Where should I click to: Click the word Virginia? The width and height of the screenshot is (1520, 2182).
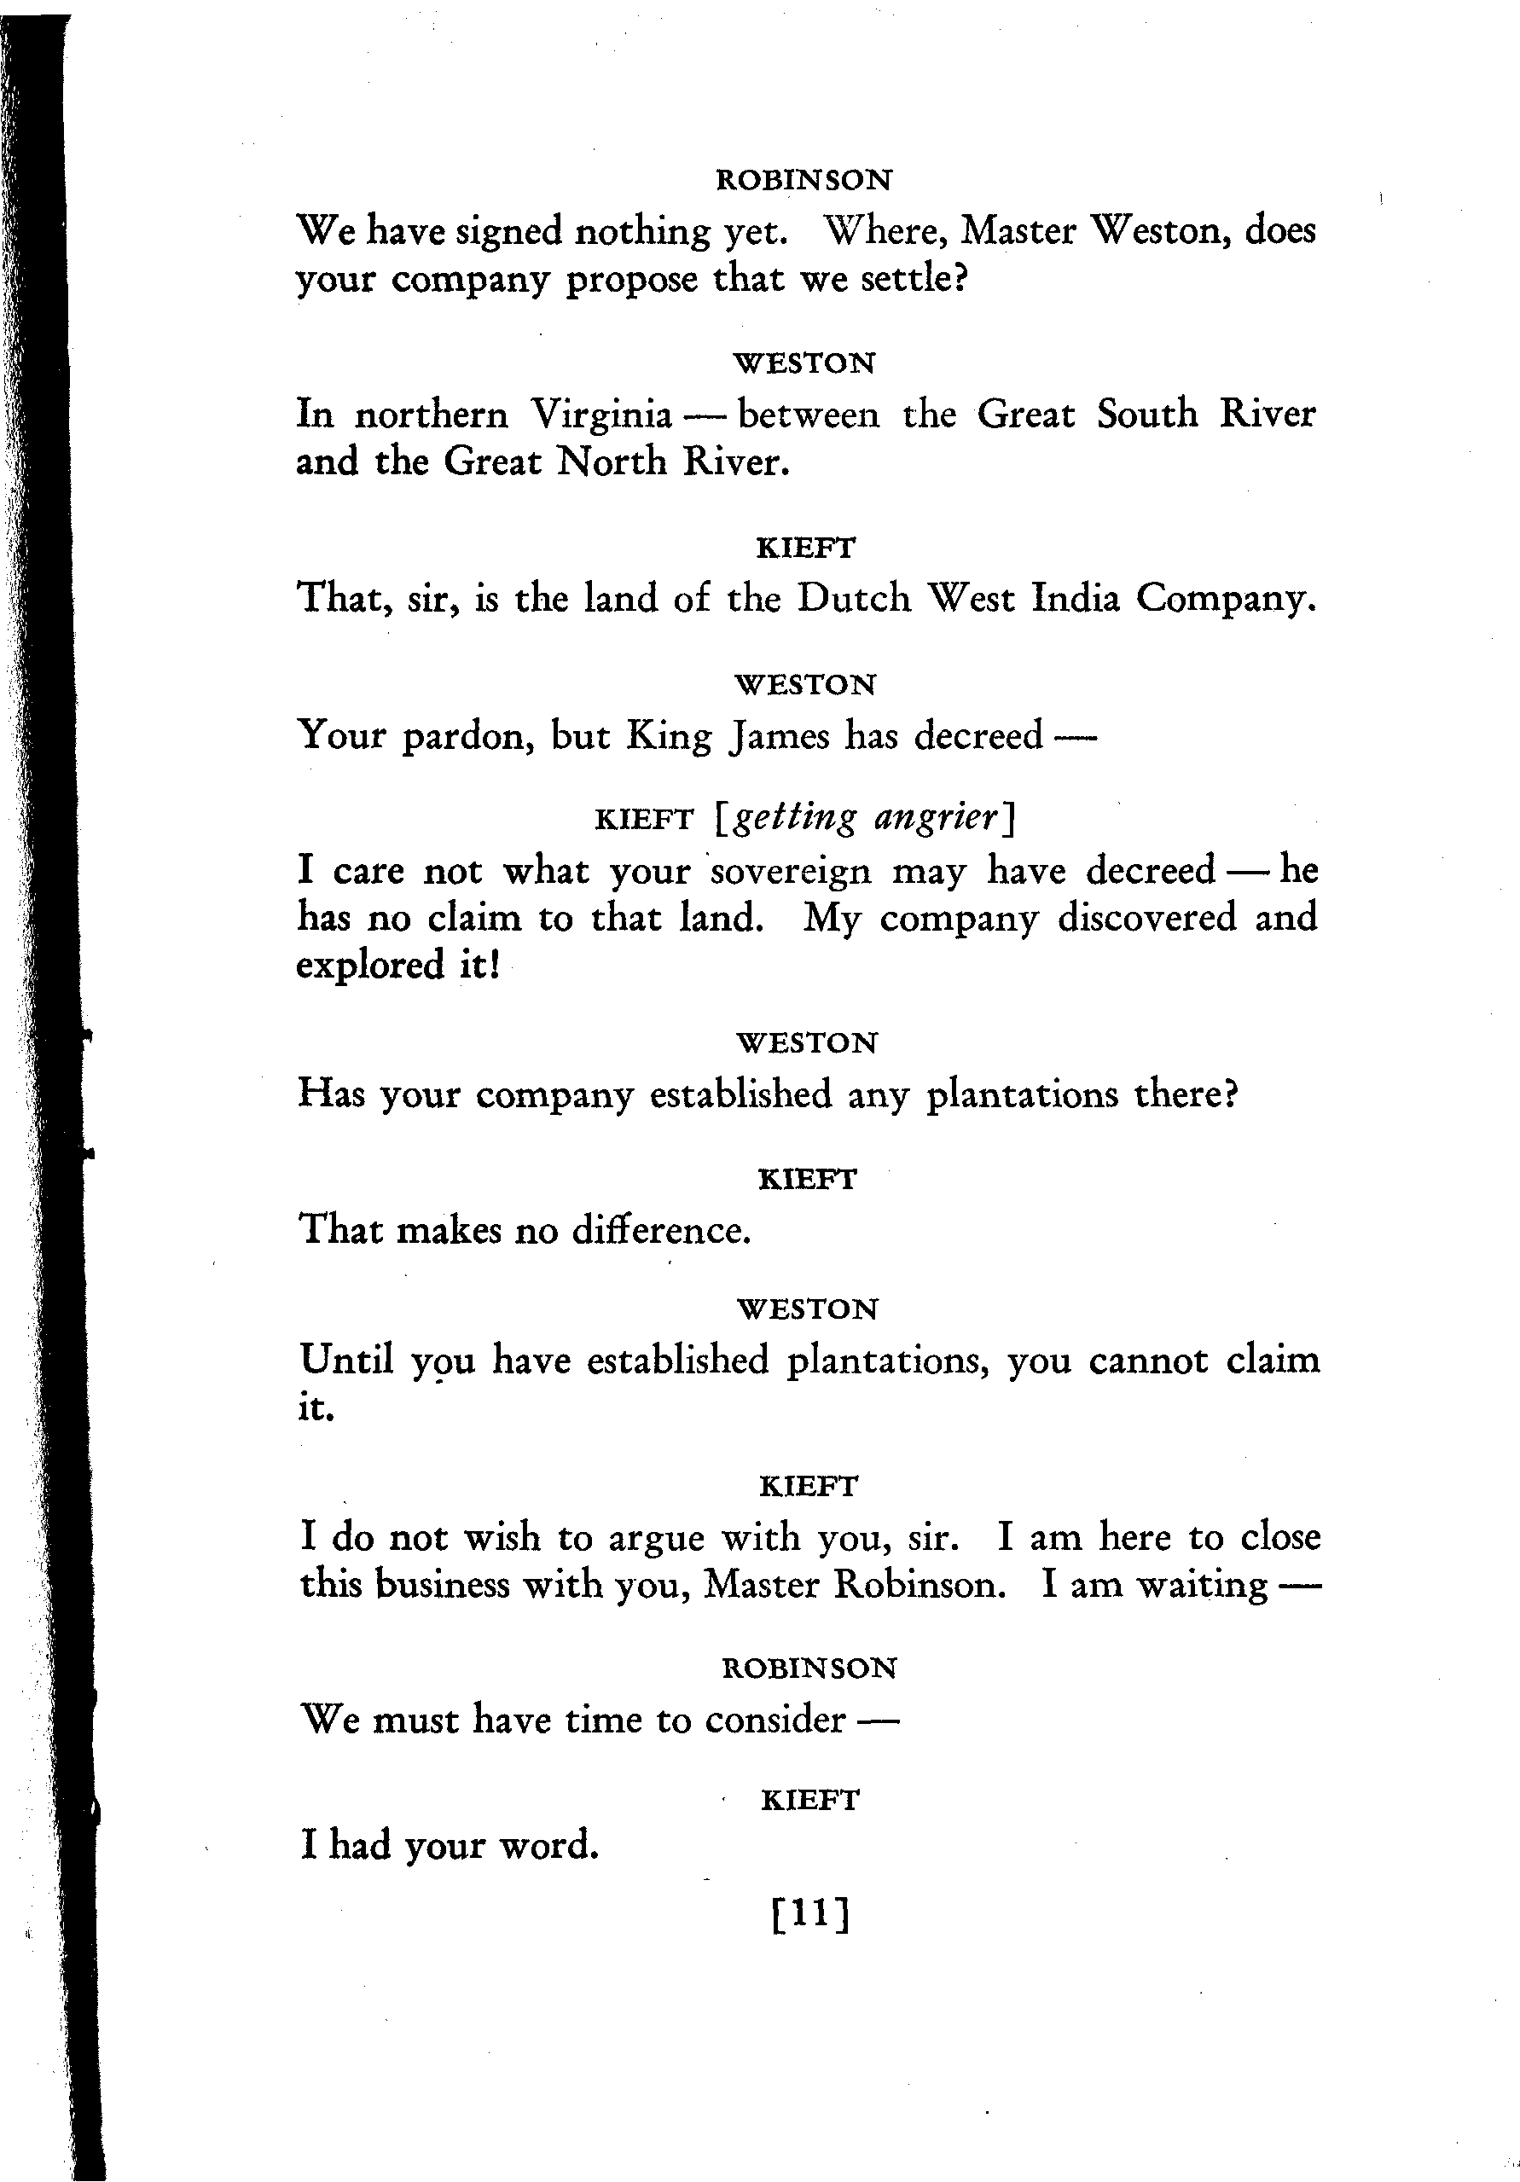pyautogui.click(x=600, y=415)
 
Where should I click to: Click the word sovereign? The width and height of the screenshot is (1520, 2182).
pyautogui.click(x=790, y=872)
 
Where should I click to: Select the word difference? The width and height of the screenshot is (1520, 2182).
pyautogui.click(x=661, y=1231)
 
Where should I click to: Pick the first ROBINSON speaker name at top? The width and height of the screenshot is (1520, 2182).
pyautogui.click(x=804, y=180)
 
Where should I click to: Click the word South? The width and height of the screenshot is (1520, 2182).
pyautogui.click(x=1146, y=415)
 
